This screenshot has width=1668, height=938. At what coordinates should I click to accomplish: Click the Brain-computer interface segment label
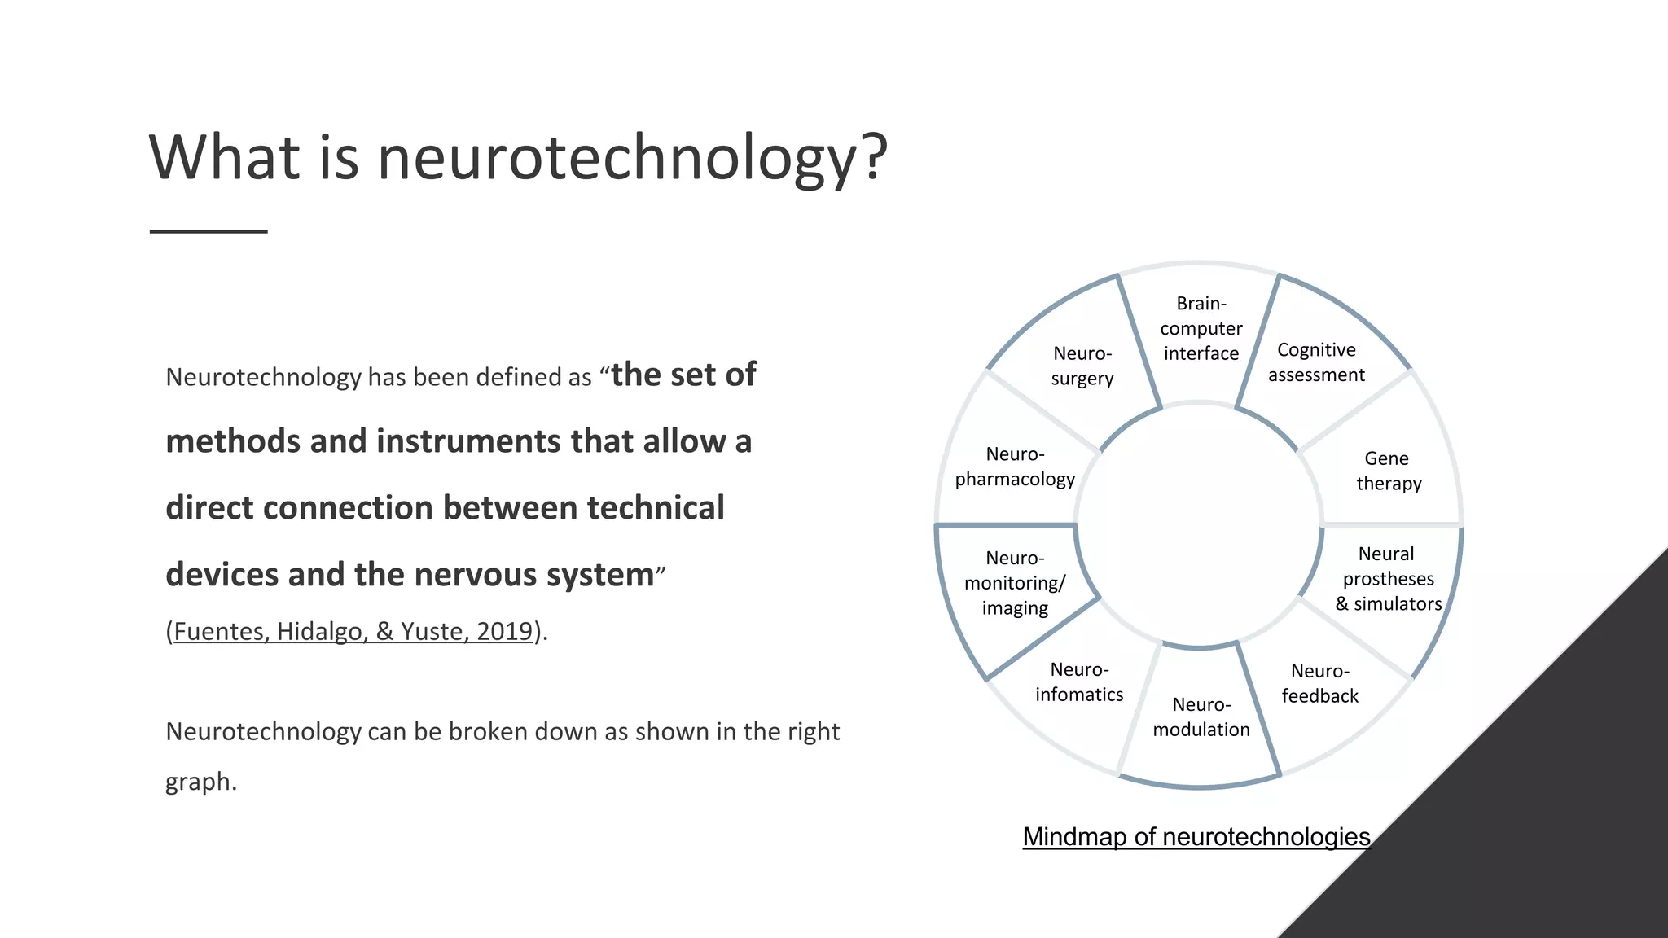coord(1201,328)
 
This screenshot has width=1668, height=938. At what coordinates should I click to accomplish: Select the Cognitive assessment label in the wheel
coord(1316,362)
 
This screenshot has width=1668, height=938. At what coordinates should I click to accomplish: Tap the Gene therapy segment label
coord(1388,471)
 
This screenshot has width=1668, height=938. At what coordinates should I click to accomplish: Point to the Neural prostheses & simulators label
coord(1388,579)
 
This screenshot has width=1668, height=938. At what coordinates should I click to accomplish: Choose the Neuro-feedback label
coord(1319,683)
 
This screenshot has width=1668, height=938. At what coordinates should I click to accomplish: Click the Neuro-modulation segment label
coord(1201,717)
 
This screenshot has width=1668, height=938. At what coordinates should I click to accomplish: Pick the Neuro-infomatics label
coord(1079,682)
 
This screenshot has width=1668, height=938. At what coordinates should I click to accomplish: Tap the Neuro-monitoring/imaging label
coord(1015,583)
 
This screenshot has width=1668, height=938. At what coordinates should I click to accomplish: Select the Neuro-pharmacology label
coord(1015,467)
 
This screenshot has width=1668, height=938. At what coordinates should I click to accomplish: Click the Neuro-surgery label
coord(1082,366)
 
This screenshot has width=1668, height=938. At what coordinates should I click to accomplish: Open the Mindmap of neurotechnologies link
coord(1196,836)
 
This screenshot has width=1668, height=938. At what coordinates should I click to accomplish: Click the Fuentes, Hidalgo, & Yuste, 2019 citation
coord(353,631)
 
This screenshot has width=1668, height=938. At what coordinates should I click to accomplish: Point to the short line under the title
coord(208,231)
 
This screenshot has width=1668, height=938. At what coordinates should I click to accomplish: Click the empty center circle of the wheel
coord(1199,525)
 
